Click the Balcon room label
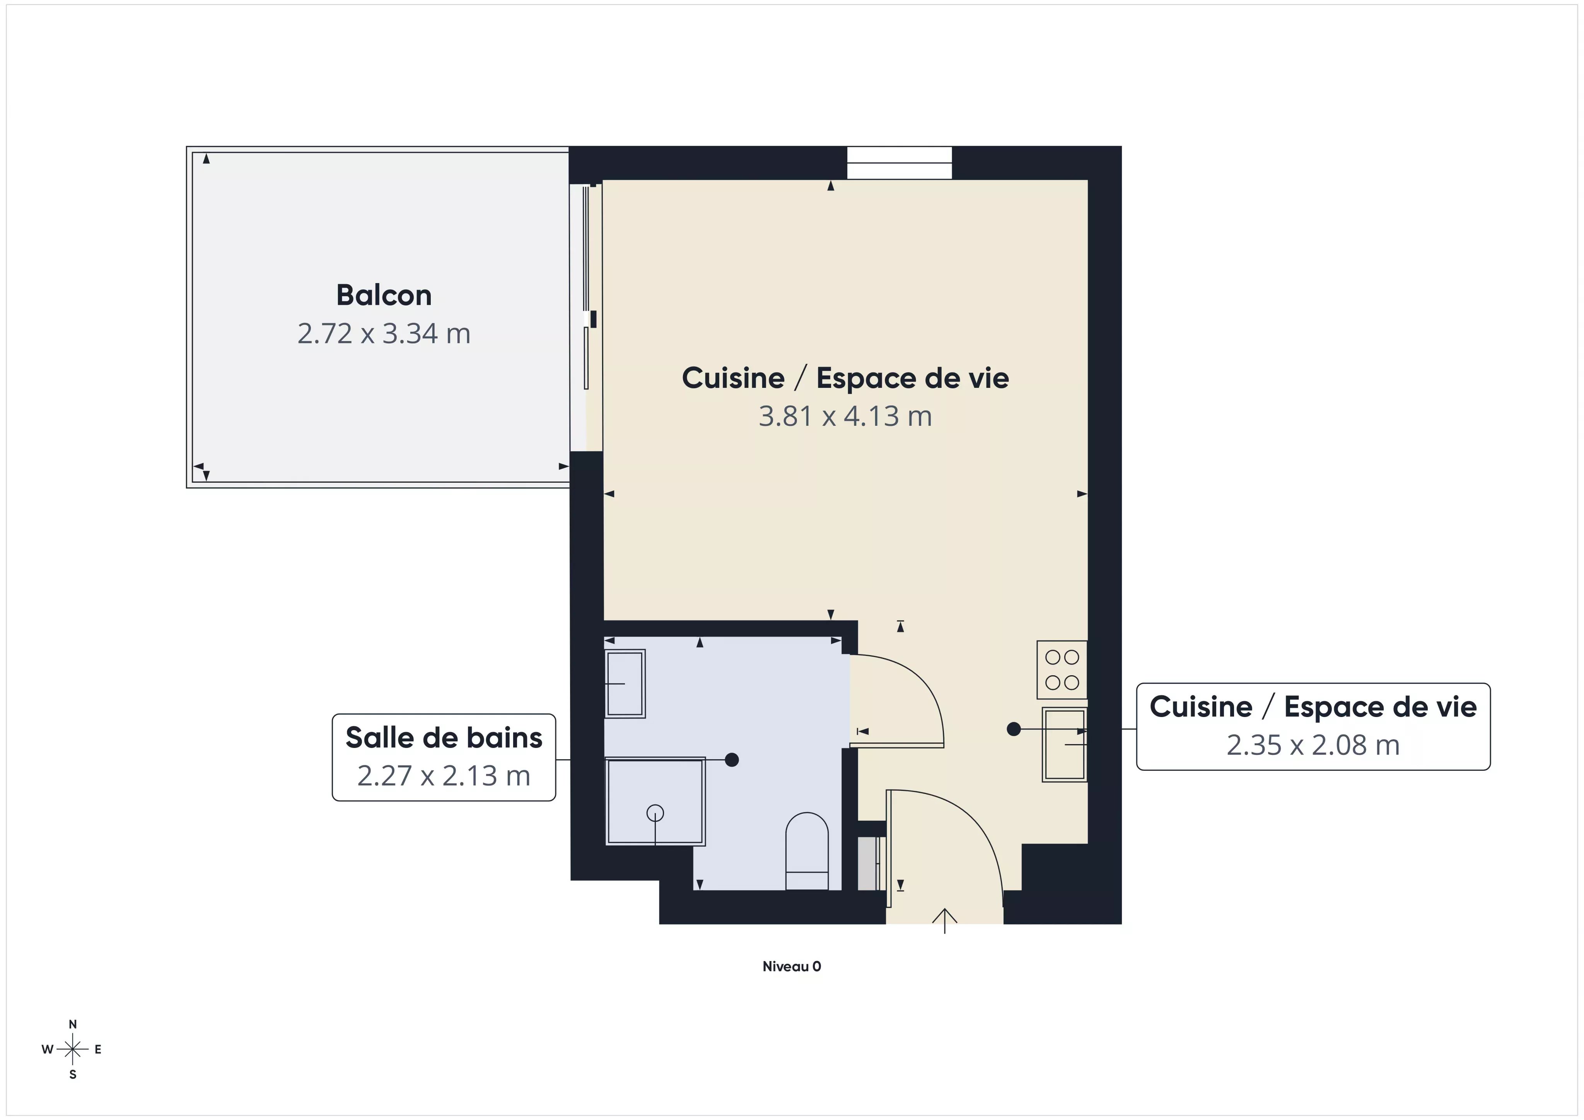pos(384,295)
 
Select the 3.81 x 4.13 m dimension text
pos(845,416)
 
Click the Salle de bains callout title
pos(444,738)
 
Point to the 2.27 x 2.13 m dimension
pos(444,776)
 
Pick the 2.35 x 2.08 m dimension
pos(1313,745)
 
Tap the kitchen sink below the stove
pos(1065,744)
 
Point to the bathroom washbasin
pos(625,683)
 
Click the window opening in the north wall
pos(899,163)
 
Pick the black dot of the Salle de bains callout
pos(732,760)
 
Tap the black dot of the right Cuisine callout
pos(1014,729)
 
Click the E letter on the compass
pos(98,1050)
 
